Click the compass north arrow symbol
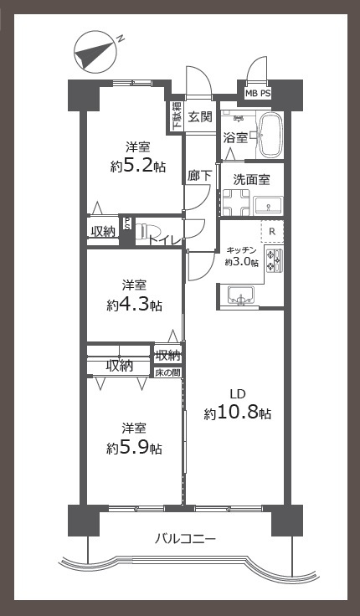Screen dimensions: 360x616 [95, 53]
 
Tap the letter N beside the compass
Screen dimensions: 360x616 [121, 38]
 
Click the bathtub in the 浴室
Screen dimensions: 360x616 [271, 135]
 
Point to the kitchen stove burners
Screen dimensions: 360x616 [275, 261]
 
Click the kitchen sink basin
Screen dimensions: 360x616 [241, 295]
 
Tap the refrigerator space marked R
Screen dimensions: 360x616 [272, 231]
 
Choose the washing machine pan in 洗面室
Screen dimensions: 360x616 [236, 203]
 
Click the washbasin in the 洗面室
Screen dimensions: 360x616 [269, 206]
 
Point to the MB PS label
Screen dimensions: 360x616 [258, 94]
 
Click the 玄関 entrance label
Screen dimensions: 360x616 [200, 116]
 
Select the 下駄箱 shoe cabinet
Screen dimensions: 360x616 [176, 116]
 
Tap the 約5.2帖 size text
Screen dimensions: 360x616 [137, 167]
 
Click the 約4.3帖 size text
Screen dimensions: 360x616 [134, 305]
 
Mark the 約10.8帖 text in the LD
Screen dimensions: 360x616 [238, 413]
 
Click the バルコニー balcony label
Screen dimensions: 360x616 [185, 538]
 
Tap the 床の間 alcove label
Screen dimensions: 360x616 [167, 372]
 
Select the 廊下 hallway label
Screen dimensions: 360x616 [199, 176]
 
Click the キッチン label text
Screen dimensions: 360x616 [242, 250]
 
